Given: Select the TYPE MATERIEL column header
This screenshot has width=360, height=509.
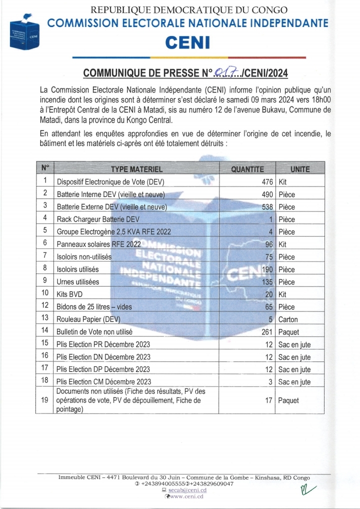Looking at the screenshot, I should point(136,169).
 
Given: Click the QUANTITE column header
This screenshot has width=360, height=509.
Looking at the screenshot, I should point(247,169).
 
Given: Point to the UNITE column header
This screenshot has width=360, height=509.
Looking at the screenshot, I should point(300,169).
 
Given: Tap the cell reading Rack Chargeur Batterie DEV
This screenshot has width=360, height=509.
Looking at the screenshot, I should point(98,219).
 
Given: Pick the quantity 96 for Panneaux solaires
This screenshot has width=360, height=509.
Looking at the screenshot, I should point(268,244).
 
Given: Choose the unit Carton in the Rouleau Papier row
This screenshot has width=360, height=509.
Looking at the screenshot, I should point(288,319).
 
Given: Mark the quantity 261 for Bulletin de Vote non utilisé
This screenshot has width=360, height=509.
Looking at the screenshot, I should point(265,332).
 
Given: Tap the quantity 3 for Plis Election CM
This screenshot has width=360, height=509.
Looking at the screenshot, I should point(270,382).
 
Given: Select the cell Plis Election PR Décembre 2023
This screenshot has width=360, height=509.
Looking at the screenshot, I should point(103,344).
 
